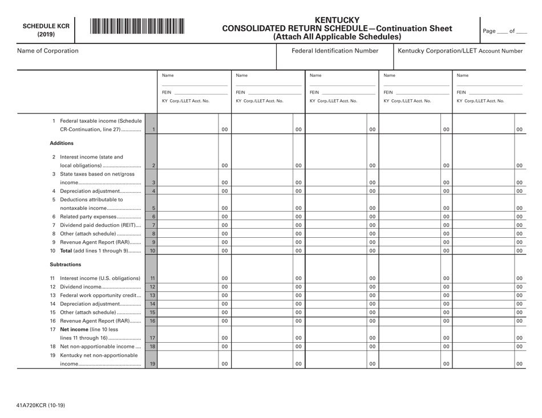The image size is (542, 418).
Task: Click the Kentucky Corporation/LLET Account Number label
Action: [460, 51]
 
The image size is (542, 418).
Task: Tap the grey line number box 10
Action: [152, 251]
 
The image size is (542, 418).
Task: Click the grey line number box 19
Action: [152, 363]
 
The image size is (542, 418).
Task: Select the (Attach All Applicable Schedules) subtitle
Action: [338, 36]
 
